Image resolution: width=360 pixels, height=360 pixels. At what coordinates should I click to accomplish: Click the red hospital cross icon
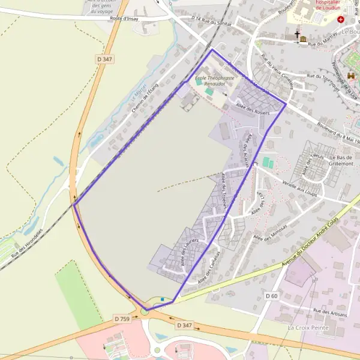341,19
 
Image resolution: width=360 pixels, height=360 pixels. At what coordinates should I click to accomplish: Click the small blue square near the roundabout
161,298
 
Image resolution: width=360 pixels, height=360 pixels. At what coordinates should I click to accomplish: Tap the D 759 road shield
122,319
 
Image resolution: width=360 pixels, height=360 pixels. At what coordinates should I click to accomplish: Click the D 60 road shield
271,296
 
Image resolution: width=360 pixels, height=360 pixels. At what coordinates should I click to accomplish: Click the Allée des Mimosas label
270,230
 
